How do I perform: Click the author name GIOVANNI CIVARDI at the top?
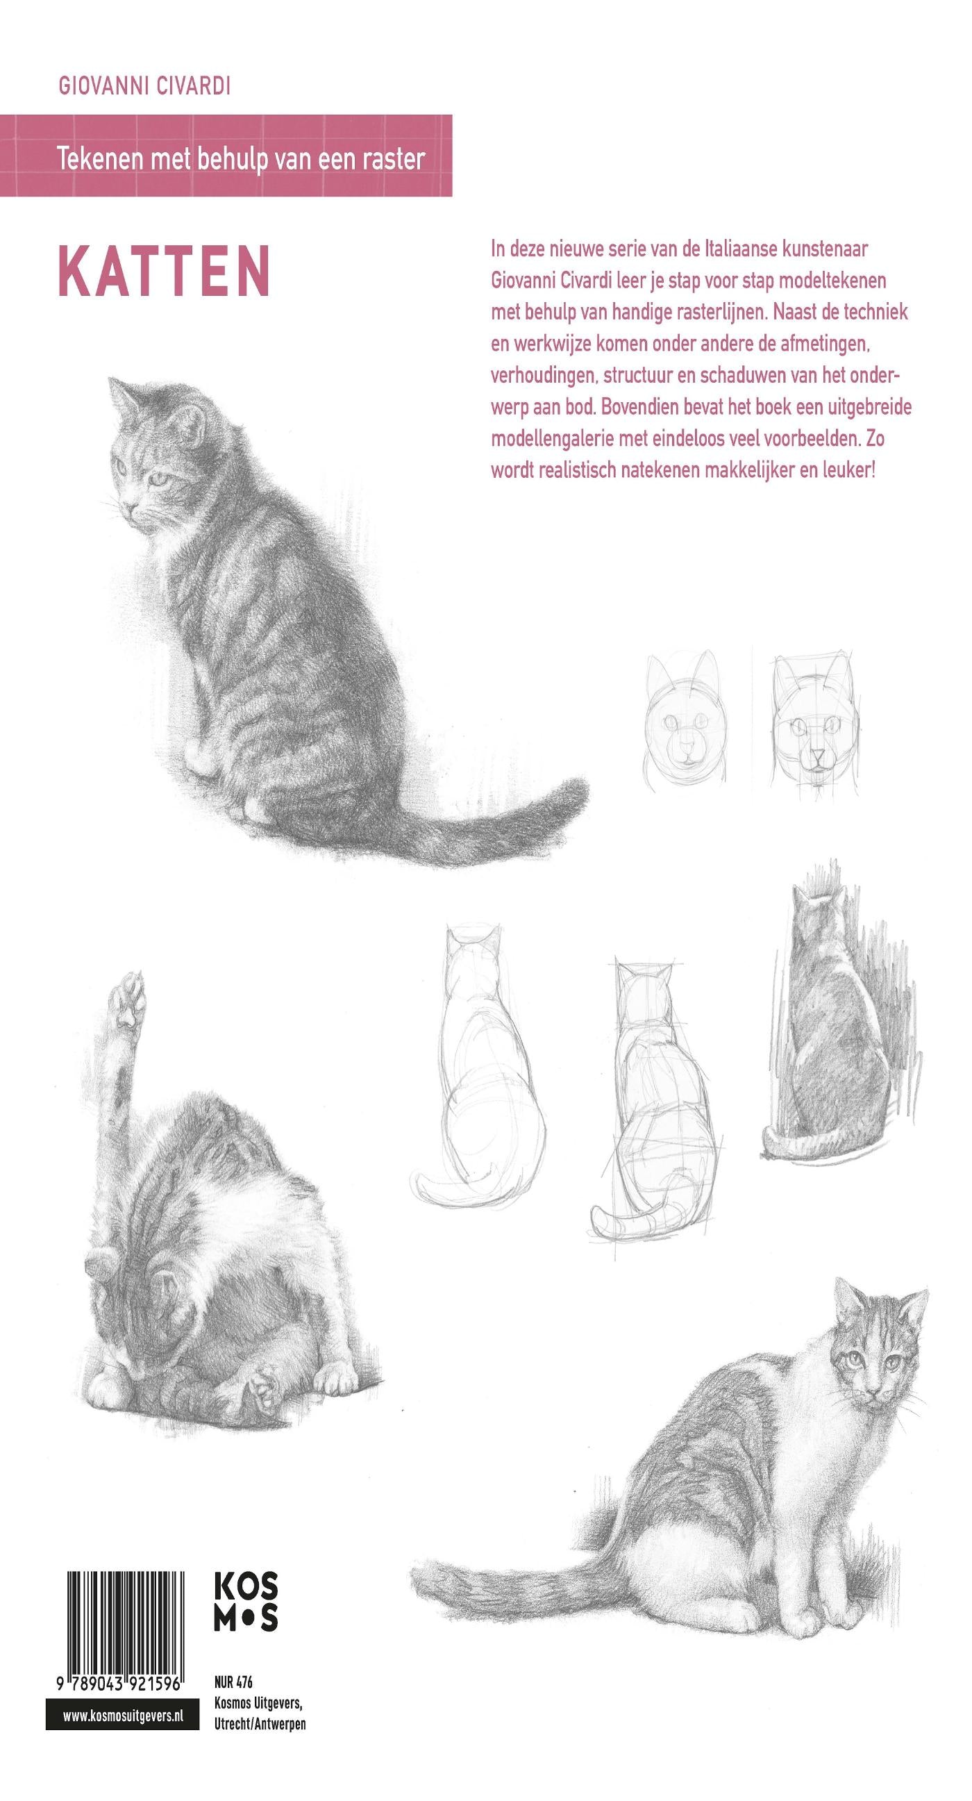click(x=144, y=87)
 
